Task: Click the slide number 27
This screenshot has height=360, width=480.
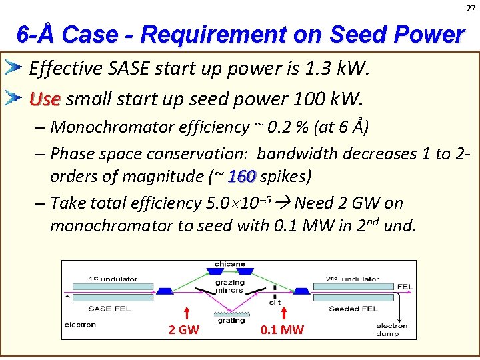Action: (x=471, y=8)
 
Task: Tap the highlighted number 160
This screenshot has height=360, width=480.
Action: (x=242, y=177)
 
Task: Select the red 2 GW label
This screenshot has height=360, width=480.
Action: (x=183, y=329)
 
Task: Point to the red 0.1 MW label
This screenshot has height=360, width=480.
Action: (x=282, y=329)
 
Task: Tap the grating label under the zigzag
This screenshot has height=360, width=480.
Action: (x=231, y=321)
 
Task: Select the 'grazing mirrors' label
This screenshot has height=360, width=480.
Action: (x=230, y=286)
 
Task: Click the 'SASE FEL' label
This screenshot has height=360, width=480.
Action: (x=109, y=309)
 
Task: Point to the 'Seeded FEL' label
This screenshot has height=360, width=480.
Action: (x=353, y=309)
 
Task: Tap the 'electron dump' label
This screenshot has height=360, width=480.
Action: (x=391, y=330)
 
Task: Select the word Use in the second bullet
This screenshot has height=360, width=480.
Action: (x=45, y=100)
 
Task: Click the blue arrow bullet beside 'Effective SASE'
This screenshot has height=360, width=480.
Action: (x=13, y=67)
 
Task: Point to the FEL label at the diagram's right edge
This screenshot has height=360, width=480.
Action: (x=405, y=287)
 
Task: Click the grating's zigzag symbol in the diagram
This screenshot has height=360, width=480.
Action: (x=231, y=312)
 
